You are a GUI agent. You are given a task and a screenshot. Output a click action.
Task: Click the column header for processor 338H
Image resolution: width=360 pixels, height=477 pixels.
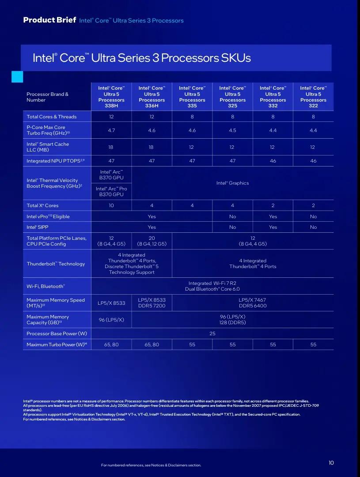tap(111, 97)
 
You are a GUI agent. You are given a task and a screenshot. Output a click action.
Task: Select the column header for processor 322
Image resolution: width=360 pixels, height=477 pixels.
tap(313, 97)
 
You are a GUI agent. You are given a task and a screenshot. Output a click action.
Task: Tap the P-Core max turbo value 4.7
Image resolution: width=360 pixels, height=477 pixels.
tap(111, 130)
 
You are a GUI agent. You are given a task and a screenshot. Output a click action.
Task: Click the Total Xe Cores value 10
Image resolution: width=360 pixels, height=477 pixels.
tap(111, 205)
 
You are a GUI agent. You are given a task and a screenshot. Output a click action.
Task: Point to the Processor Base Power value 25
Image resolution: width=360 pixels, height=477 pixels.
tap(212, 333)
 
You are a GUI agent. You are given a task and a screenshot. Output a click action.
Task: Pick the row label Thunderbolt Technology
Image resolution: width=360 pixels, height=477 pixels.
tap(56, 264)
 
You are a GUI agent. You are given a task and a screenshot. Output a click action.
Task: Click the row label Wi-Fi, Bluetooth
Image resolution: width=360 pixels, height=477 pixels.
tap(45, 286)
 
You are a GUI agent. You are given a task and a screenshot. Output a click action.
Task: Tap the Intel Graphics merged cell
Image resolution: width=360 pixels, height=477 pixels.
tap(232, 183)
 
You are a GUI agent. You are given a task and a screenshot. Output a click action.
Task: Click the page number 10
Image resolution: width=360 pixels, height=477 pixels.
tap(331, 463)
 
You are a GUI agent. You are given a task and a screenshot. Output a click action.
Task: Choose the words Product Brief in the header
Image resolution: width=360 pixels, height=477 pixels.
tap(49, 20)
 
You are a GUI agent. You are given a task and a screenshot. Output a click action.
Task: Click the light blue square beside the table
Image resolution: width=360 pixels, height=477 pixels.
tap(17, 77)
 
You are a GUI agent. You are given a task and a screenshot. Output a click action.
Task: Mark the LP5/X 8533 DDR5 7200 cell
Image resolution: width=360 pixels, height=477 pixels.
tap(152, 303)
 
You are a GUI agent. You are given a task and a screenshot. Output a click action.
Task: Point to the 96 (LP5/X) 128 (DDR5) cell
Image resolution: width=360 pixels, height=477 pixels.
tap(232, 319)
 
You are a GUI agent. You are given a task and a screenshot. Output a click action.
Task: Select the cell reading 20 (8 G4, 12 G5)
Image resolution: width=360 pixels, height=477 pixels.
tap(152, 241)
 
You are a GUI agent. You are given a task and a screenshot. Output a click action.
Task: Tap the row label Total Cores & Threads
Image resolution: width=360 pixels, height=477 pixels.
tap(51, 117)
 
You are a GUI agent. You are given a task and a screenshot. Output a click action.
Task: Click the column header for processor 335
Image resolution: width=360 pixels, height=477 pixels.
tap(192, 97)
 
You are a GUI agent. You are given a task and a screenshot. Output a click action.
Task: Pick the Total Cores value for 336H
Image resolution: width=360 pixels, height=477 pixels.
tap(152, 117)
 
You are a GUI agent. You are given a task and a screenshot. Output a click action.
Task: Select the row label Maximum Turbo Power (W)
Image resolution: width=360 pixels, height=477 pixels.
tap(57, 344)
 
